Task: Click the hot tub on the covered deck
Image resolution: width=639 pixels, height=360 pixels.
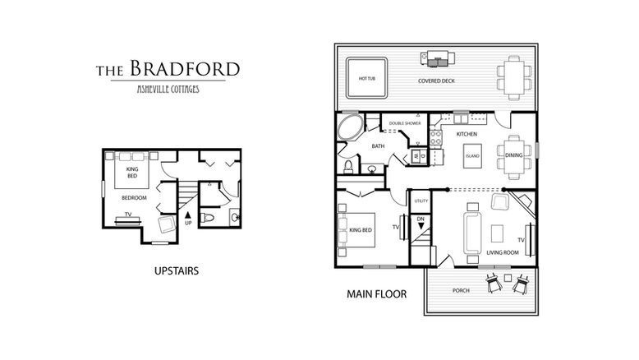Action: coord(366,78)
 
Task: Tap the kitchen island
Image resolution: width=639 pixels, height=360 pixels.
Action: coord(472,155)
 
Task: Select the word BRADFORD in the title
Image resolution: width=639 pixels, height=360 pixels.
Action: coord(185,68)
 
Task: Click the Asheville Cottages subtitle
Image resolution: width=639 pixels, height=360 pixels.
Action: coord(168,89)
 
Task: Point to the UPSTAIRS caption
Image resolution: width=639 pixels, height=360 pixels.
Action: coord(177,270)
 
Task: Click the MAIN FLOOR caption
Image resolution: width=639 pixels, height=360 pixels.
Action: coord(376,294)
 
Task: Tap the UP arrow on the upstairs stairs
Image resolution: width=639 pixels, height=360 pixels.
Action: coord(188,215)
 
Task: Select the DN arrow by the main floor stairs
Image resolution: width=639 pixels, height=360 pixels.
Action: coord(421,225)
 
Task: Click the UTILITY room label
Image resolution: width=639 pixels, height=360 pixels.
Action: coord(421,201)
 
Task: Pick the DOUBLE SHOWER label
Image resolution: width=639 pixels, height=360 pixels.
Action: coord(405,123)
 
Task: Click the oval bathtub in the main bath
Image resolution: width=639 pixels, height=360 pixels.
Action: coord(350,127)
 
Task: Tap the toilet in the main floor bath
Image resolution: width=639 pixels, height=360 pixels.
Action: coord(348,167)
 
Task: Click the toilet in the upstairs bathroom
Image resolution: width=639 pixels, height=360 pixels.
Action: coord(208,217)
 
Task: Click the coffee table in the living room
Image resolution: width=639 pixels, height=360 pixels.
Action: coord(497,233)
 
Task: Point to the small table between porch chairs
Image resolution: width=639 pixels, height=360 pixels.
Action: coord(508,278)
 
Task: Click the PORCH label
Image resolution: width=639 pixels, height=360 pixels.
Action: coord(461,290)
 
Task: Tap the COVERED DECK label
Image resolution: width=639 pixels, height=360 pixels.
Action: coord(436,81)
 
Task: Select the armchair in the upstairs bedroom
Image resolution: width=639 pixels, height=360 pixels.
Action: coord(167,224)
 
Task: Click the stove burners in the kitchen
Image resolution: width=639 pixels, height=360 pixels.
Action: coord(435,137)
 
